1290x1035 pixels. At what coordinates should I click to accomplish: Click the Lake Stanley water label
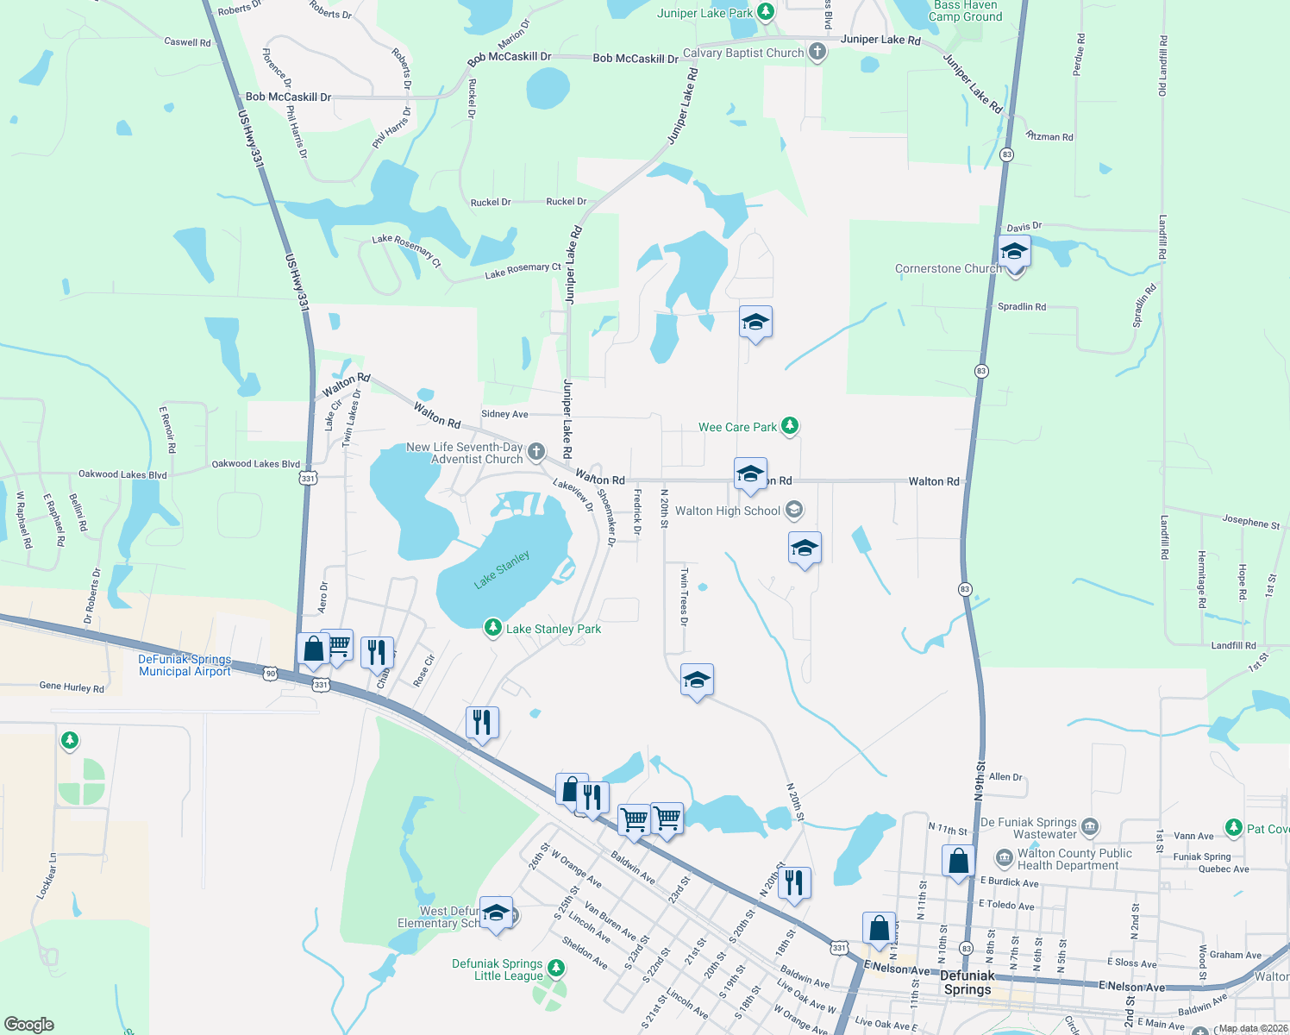pyautogui.click(x=501, y=570)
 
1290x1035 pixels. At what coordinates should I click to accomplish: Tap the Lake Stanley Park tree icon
pyautogui.click(x=492, y=627)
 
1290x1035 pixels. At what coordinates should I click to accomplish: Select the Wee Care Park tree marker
pyautogui.click(x=789, y=425)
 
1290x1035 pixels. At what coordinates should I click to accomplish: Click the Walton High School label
pyautogui.click(x=727, y=511)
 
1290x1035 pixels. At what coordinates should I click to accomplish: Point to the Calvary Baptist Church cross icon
pyautogui.click(x=817, y=52)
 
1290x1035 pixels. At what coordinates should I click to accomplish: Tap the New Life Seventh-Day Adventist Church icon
pyautogui.click(x=535, y=451)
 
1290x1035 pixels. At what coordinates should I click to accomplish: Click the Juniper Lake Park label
pyautogui.click(x=704, y=13)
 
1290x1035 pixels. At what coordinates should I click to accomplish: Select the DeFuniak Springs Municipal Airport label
pyautogui.click(x=185, y=665)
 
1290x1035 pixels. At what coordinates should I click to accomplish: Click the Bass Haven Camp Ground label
pyautogui.click(x=965, y=10)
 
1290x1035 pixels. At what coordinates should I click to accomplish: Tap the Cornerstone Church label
pyautogui.click(x=947, y=268)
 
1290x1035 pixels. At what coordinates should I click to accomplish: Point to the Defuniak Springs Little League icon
pyautogui.click(x=556, y=969)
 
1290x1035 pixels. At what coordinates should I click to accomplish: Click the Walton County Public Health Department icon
pyautogui.click(x=1004, y=858)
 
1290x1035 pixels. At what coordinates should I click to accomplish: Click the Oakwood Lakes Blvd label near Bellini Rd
pyautogui.click(x=122, y=474)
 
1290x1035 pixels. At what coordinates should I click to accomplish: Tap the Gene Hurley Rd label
pyautogui.click(x=72, y=687)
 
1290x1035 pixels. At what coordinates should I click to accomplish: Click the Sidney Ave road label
pyautogui.click(x=504, y=414)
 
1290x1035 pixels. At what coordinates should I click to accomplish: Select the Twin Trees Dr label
pyautogui.click(x=684, y=596)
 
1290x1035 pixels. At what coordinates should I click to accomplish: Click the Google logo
pyautogui.click(x=28, y=1024)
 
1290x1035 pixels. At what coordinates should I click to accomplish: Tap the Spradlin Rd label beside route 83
pyautogui.click(x=1021, y=306)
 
